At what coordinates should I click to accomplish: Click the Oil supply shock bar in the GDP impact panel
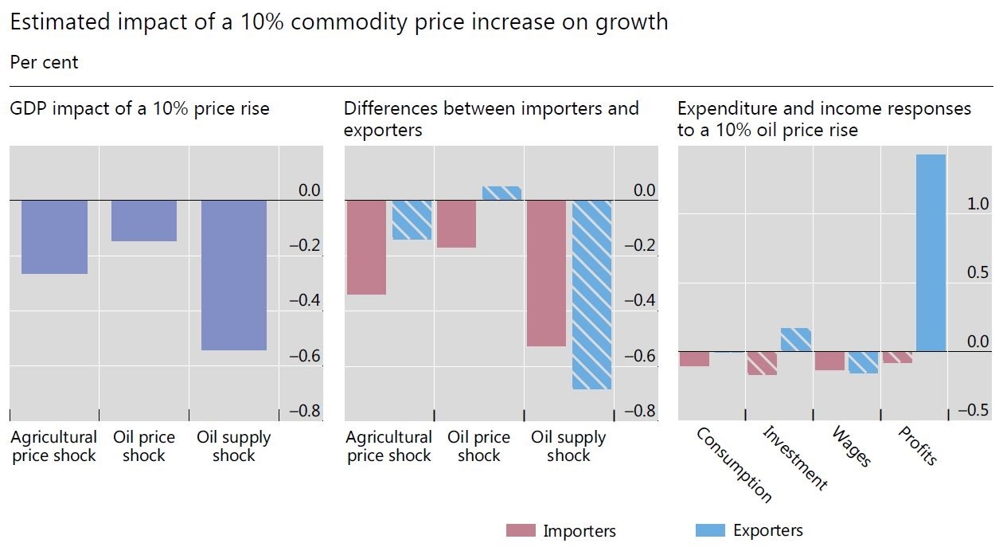coord(233,275)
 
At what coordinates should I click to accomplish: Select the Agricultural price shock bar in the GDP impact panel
coord(54,236)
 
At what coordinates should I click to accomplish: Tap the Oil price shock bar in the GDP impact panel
coord(143,221)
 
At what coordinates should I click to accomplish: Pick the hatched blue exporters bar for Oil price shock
coord(501,193)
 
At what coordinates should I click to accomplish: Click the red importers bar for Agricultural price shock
coord(366,247)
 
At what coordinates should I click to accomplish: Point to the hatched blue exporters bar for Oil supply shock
coord(591,295)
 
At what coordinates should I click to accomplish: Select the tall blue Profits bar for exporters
coord(931,252)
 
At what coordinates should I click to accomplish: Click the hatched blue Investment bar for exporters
coord(796,340)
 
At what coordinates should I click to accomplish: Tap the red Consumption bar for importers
coord(694,358)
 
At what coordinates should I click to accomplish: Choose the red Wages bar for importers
coord(829,361)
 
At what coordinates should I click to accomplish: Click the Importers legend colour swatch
coord(521,531)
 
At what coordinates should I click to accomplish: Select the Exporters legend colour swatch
coord(710,530)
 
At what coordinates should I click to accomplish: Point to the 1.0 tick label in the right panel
coord(977,204)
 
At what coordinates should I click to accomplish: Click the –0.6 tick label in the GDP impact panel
coord(305,356)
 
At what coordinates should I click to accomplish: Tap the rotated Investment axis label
coord(794,457)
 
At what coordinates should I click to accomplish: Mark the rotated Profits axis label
coord(917,446)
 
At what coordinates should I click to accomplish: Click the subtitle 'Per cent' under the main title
coord(44,62)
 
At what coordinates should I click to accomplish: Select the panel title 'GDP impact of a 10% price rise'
coord(139,108)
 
